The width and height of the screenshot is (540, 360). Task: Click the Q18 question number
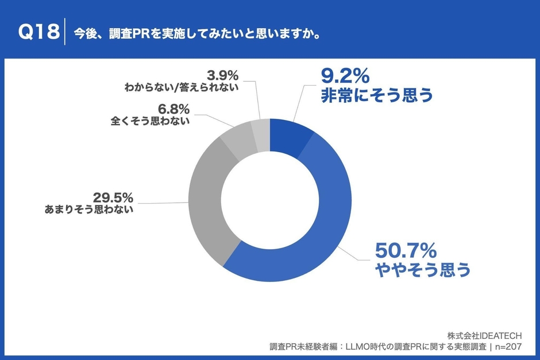[x=39, y=33]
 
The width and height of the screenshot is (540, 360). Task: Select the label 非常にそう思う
[x=376, y=95]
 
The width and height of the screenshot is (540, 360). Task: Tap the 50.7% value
[x=406, y=250]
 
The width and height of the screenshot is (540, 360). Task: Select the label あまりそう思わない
[x=89, y=210]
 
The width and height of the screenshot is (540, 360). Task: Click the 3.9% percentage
[x=223, y=75]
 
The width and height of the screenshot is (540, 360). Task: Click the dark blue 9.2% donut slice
[x=290, y=136]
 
